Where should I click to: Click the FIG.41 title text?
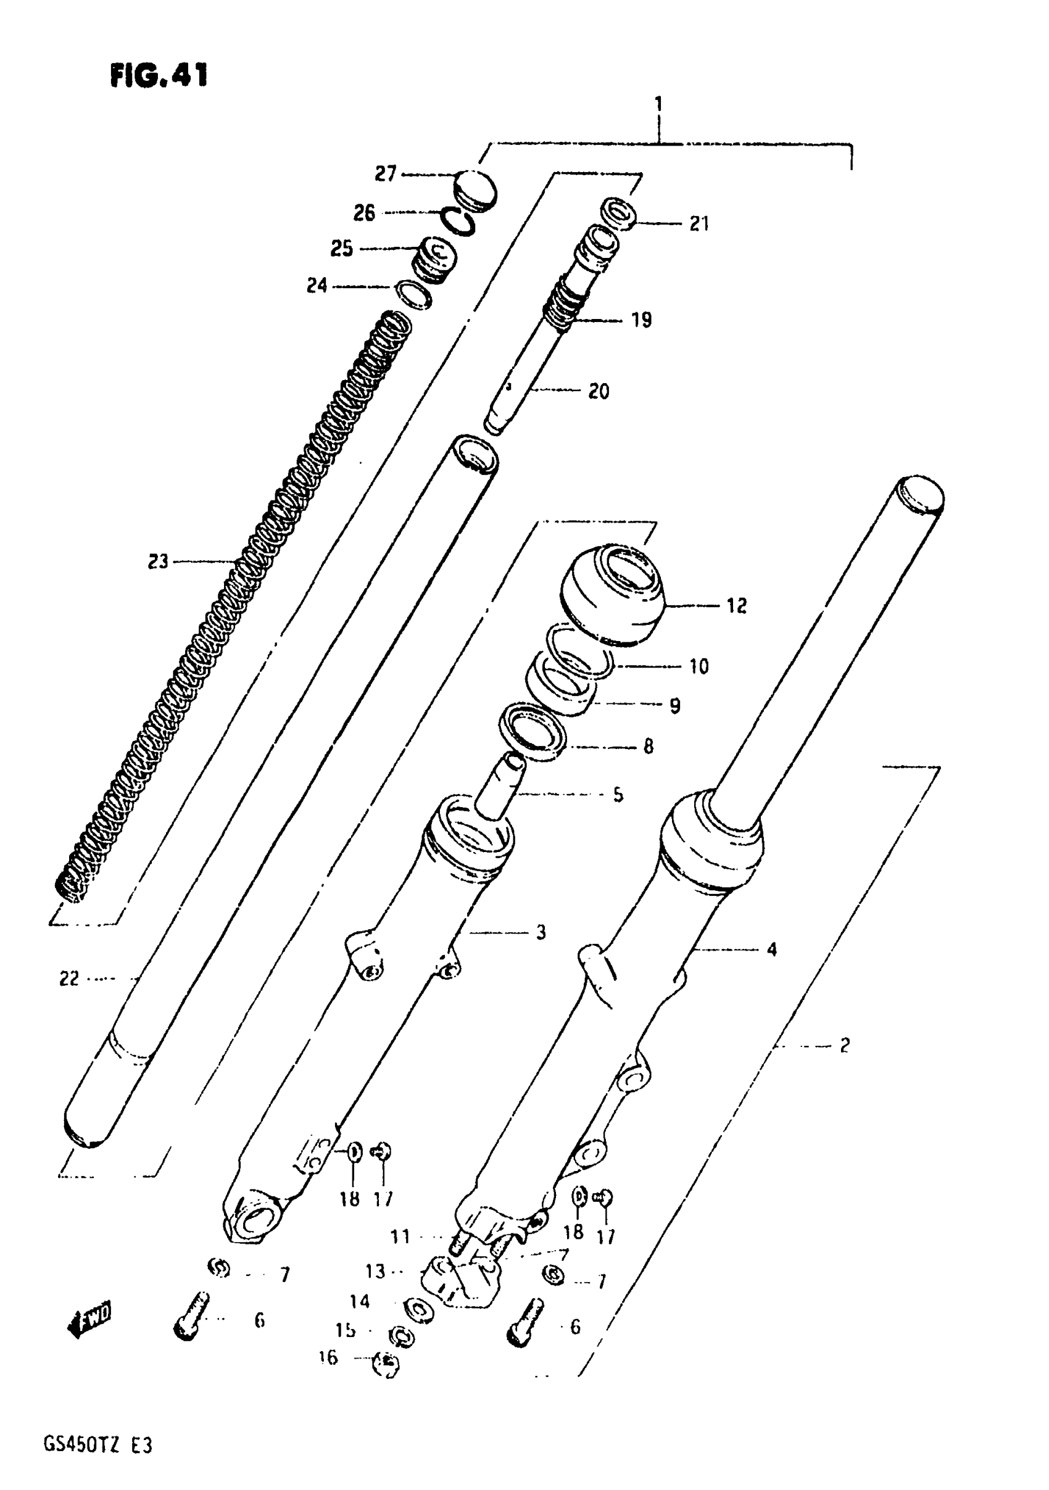tap(159, 75)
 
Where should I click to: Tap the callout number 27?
tap(385, 174)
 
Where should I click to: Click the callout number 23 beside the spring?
tap(158, 561)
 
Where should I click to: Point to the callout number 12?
tap(736, 605)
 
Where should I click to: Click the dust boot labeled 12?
tap(613, 594)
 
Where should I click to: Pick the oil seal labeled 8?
tap(533, 731)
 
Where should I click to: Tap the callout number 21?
tap(699, 224)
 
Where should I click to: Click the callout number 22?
tap(69, 979)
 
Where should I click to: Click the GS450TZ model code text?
tap(97, 1446)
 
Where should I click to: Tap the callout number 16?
tap(328, 1357)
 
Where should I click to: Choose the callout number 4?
tap(771, 950)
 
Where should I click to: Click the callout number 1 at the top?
tap(659, 104)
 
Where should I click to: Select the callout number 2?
tap(844, 1045)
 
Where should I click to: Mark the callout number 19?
tap(641, 320)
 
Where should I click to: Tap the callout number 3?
tap(541, 932)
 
